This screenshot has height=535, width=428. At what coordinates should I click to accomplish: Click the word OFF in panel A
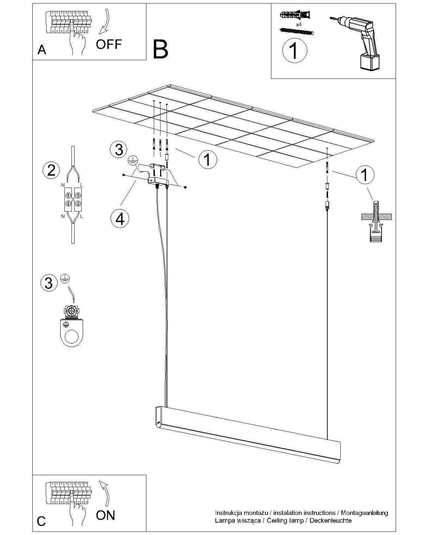(109, 44)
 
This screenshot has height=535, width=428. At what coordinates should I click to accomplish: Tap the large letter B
(160, 49)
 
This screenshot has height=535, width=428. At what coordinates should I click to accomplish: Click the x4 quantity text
(299, 25)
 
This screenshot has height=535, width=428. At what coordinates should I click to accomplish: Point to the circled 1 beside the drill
(294, 50)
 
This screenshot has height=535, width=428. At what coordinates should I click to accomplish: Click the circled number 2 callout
(51, 170)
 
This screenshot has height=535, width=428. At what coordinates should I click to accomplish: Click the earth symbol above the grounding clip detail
(65, 278)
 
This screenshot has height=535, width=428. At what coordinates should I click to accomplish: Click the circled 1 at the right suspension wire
(365, 175)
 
